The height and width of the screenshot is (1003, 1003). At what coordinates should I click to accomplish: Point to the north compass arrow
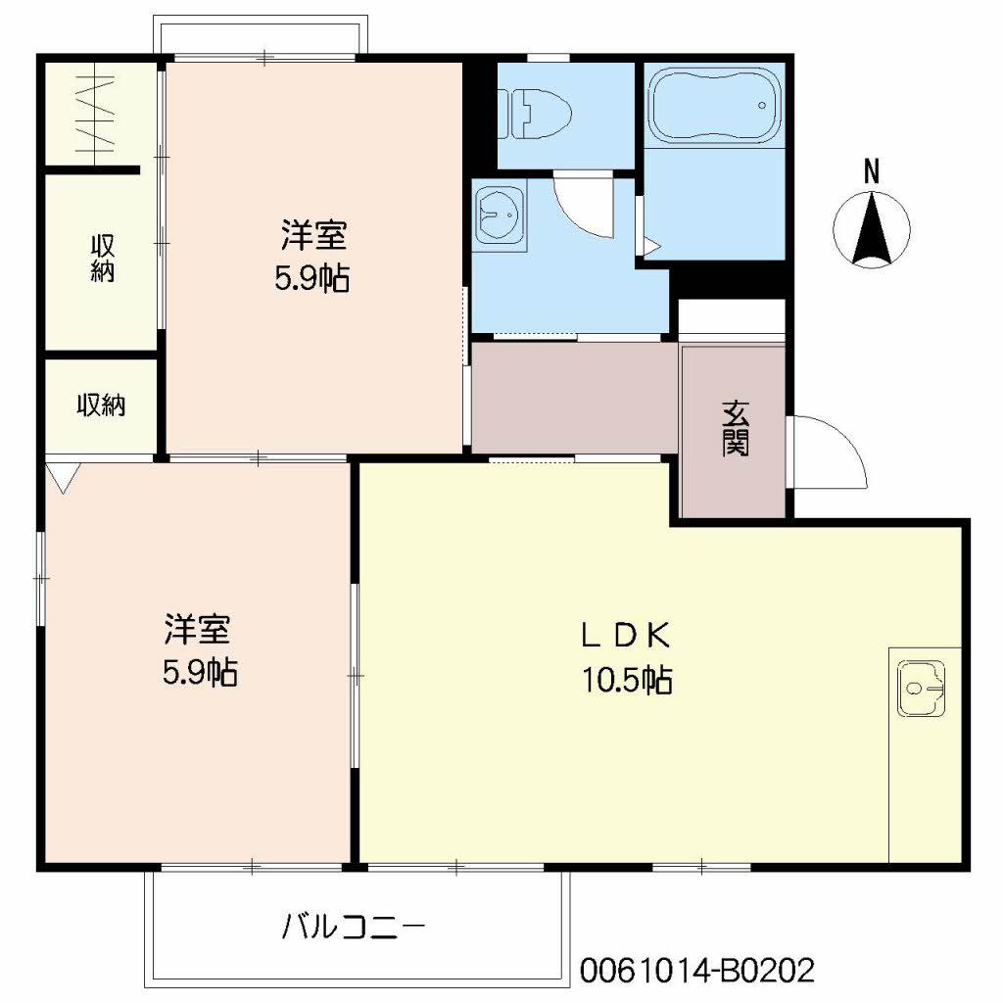click(x=871, y=227)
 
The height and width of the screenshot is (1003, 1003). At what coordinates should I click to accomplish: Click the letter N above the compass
click(x=871, y=172)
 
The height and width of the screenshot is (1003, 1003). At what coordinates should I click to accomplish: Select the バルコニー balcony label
click(x=355, y=926)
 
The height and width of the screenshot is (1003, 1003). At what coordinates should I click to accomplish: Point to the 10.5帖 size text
click(x=627, y=680)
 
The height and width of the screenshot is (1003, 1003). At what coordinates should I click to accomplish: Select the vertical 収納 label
click(x=102, y=259)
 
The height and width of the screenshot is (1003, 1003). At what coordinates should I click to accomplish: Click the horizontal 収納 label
click(x=102, y=405)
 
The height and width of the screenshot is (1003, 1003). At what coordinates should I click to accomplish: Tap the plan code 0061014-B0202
click(x=696, y=971)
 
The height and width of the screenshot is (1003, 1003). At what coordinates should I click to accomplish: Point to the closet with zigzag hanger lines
click(x=98, y=116)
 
